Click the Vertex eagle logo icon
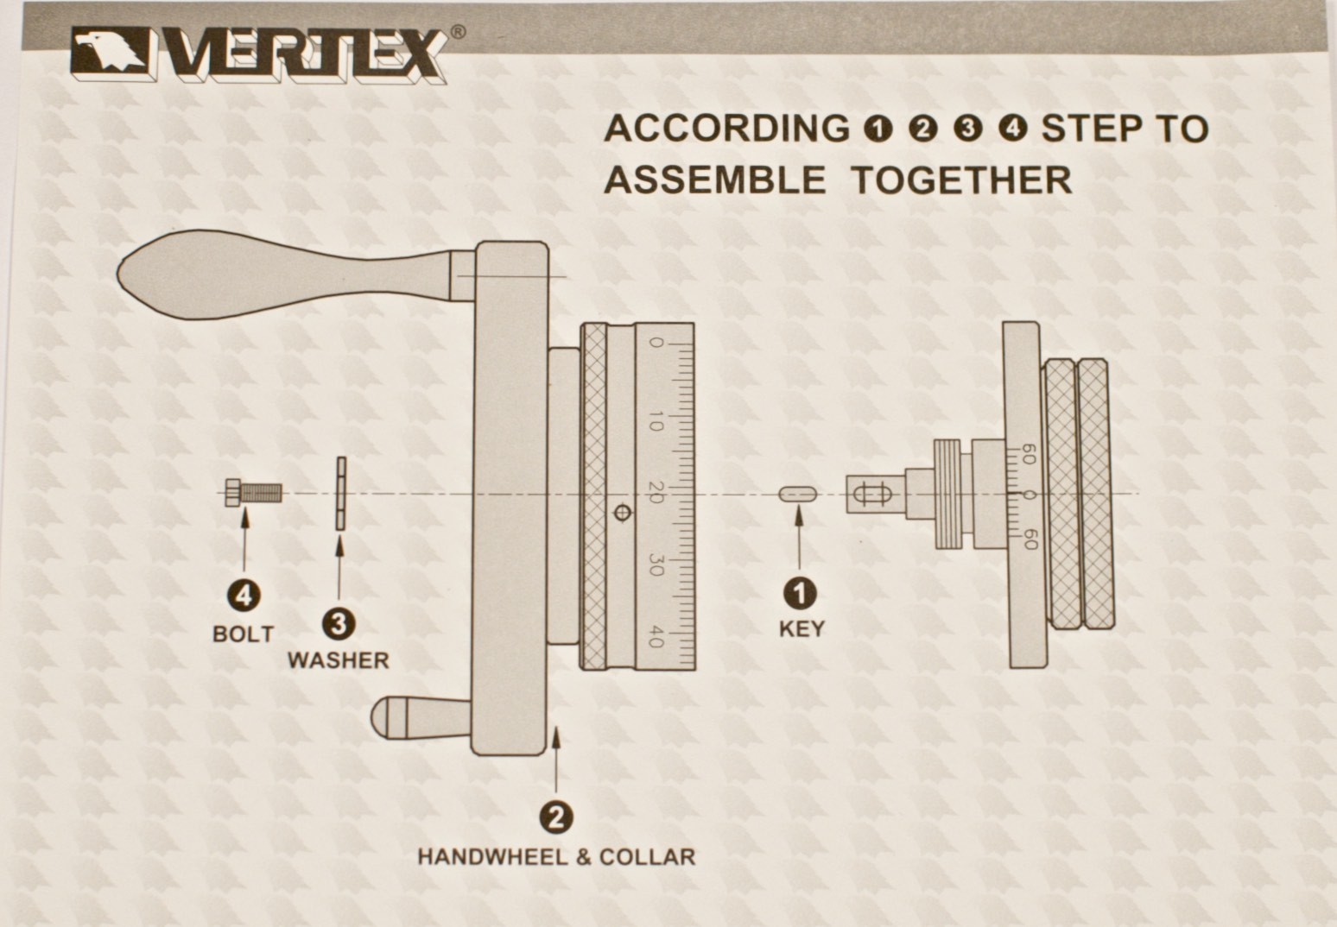pos(111,54)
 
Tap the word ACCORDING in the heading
pos(726,129)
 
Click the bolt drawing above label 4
pos(253,493)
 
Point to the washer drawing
pos(340,494)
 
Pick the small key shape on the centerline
pos(798,495)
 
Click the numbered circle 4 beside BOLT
pos(244,596)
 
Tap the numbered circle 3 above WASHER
pos(338,622)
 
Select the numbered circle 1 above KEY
pos(800,593)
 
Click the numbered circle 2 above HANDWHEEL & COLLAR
pos(555,817)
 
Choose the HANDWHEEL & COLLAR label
pos(555,857)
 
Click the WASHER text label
pos(338,660)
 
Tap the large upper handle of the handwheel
pos(285,274)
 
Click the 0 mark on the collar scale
pos(656,344)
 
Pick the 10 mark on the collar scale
pos(656,422)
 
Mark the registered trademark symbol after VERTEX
pos(458,31)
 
